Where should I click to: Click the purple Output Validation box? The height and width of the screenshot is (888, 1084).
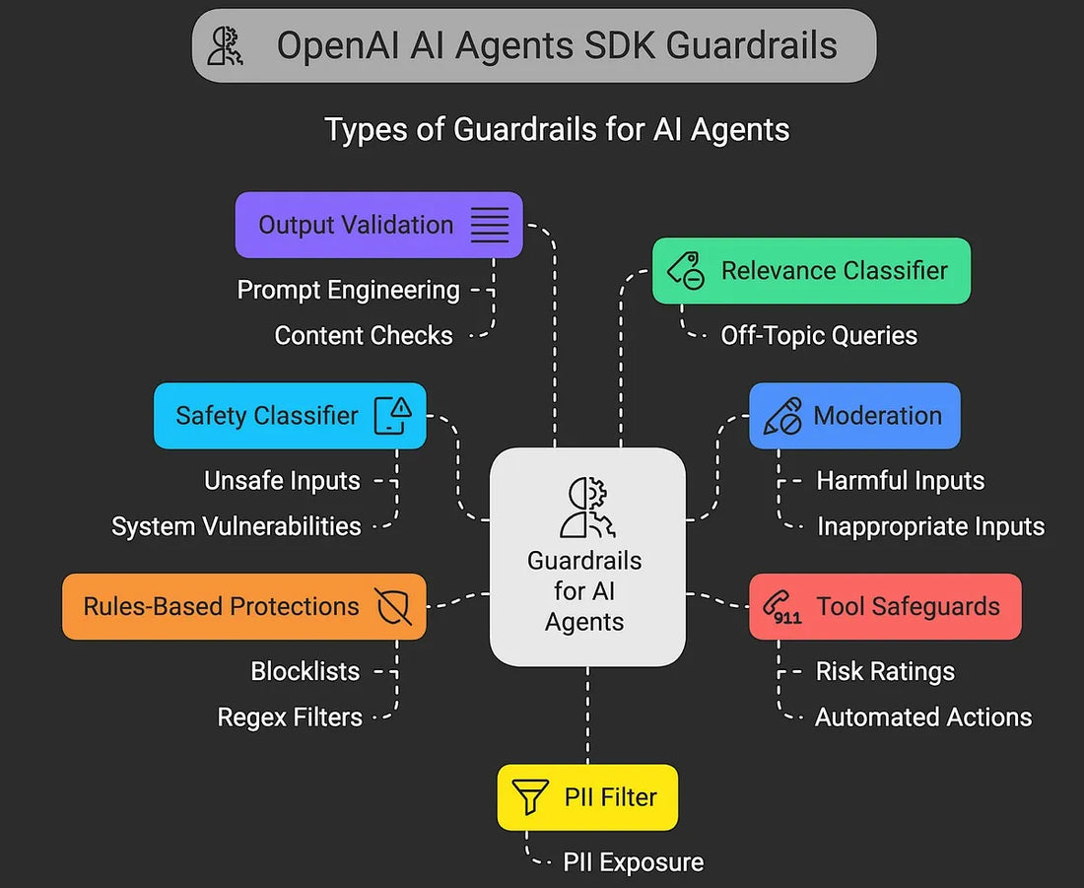378,225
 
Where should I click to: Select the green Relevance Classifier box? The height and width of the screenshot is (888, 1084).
811,271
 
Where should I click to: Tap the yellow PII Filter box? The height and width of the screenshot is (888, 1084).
587,797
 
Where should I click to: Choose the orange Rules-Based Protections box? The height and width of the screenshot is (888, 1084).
244,606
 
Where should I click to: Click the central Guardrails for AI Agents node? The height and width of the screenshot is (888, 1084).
587,556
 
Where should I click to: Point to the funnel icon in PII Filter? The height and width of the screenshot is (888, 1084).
530,797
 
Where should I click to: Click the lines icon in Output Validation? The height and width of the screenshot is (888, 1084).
490,225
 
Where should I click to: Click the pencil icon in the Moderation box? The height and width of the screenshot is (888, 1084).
782,416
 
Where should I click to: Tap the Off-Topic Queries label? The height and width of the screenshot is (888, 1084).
819,336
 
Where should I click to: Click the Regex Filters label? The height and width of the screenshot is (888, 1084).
290,717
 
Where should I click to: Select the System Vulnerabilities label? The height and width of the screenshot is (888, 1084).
237,526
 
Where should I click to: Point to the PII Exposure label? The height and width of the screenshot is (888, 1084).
634,862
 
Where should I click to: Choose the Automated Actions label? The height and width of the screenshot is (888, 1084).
923,717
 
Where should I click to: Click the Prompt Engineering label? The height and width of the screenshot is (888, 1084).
349,290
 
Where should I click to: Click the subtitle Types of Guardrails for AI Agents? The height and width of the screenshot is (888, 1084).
557,129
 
